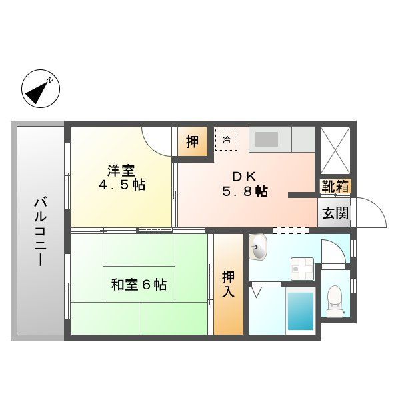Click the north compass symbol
(41, 89)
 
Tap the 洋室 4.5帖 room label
(122, 177)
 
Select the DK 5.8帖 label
(245, 184)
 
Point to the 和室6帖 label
(139, 285)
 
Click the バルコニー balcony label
(41, 232)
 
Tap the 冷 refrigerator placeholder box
(226, 139)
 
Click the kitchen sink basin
(267, 139)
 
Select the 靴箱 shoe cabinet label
(335, 186)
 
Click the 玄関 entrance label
(335, 213)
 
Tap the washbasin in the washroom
(258, 247)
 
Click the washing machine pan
(302, 269)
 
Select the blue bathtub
(301, 311)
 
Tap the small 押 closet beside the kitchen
(193, 141)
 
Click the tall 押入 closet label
(228, 284)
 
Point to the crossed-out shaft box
(335, 151)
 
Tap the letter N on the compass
(51, 81)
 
